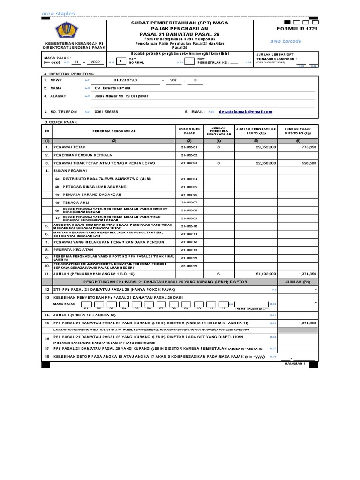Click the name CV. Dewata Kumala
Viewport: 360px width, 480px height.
click(x=113, y=88)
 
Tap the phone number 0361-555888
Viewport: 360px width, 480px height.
click(x=106, y=112)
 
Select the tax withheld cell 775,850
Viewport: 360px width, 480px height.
click(x=308, y=147)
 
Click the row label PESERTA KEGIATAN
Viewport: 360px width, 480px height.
click(x=76, y=250)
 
